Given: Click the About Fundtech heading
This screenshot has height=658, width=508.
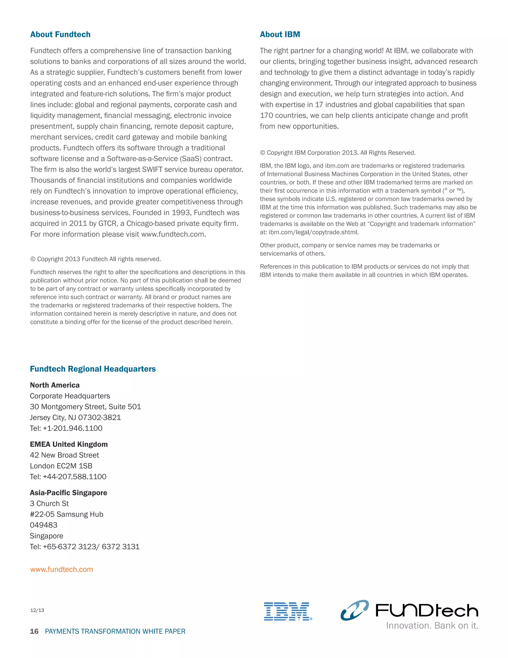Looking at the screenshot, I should [60, 34].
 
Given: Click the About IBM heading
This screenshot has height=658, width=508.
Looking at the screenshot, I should [280, 34].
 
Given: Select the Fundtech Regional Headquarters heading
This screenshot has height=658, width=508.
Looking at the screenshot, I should [93, 369].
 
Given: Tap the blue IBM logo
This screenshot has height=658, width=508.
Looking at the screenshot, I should [287, 611].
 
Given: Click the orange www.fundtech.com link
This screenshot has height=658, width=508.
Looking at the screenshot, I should [62, 569].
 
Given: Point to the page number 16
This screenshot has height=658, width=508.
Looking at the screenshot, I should [34, 631].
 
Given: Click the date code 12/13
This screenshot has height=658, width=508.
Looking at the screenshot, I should [37, 610].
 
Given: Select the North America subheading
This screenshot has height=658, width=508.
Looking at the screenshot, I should [55, 385].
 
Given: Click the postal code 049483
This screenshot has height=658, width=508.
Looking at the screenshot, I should [43, 525].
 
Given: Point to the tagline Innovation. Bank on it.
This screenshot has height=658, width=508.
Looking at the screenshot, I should [432, 626].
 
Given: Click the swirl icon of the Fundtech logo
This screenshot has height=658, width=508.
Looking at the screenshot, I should [354, 610].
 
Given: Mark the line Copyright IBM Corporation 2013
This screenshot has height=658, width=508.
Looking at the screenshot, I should [337, 153].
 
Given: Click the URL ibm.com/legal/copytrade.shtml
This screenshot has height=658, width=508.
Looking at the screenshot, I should [313, 232].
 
